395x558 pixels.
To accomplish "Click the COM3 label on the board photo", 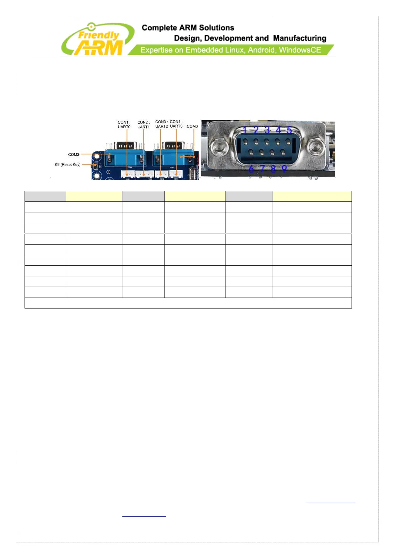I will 74,155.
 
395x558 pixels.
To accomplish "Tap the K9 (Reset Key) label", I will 68,165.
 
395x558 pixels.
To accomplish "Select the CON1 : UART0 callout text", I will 124,125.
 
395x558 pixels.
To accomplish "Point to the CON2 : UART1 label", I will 144,125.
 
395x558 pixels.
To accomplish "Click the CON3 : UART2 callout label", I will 162,124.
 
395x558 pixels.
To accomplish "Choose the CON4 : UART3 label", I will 176,124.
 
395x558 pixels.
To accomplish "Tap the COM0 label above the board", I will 192,127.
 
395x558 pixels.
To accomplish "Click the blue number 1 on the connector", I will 245,130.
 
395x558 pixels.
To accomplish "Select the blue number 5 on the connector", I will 289,130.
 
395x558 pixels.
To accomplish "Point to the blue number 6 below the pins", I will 251,169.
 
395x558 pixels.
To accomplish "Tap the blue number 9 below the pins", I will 284,169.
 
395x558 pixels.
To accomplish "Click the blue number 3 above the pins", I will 267,130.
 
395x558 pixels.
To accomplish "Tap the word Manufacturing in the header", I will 299,38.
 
